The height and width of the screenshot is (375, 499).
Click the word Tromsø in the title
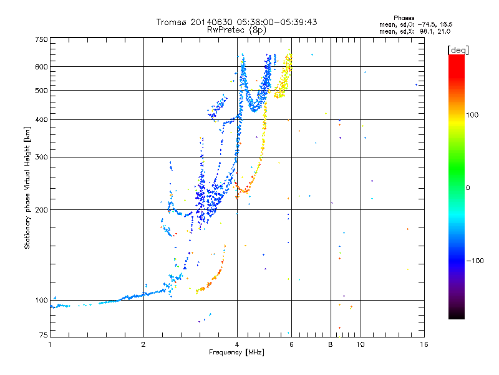click(172, 22)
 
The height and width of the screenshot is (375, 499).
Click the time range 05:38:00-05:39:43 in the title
click(276, 22)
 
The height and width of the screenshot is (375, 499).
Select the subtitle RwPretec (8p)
click(236, 30)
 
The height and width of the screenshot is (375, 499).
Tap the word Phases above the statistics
click(404, 18)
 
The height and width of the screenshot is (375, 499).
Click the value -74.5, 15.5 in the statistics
click(435, 24)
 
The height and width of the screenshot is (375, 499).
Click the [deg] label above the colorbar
click(458, 50)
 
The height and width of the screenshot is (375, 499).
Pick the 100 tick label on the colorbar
click(472, 115)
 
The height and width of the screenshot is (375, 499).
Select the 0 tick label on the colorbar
click(468, 188)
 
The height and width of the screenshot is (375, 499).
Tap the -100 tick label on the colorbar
click(475, 261)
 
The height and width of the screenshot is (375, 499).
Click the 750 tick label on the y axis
click(41, 39)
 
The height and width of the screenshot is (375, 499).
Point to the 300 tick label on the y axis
click(41, 157)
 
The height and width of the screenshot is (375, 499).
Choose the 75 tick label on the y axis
click(44, 335)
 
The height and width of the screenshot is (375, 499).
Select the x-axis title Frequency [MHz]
click(236, 352)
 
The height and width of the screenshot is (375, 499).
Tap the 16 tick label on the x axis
click(424, 344)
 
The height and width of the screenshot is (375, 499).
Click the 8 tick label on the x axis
click(331, 344)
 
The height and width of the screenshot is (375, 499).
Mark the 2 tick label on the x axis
click(143, 344)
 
